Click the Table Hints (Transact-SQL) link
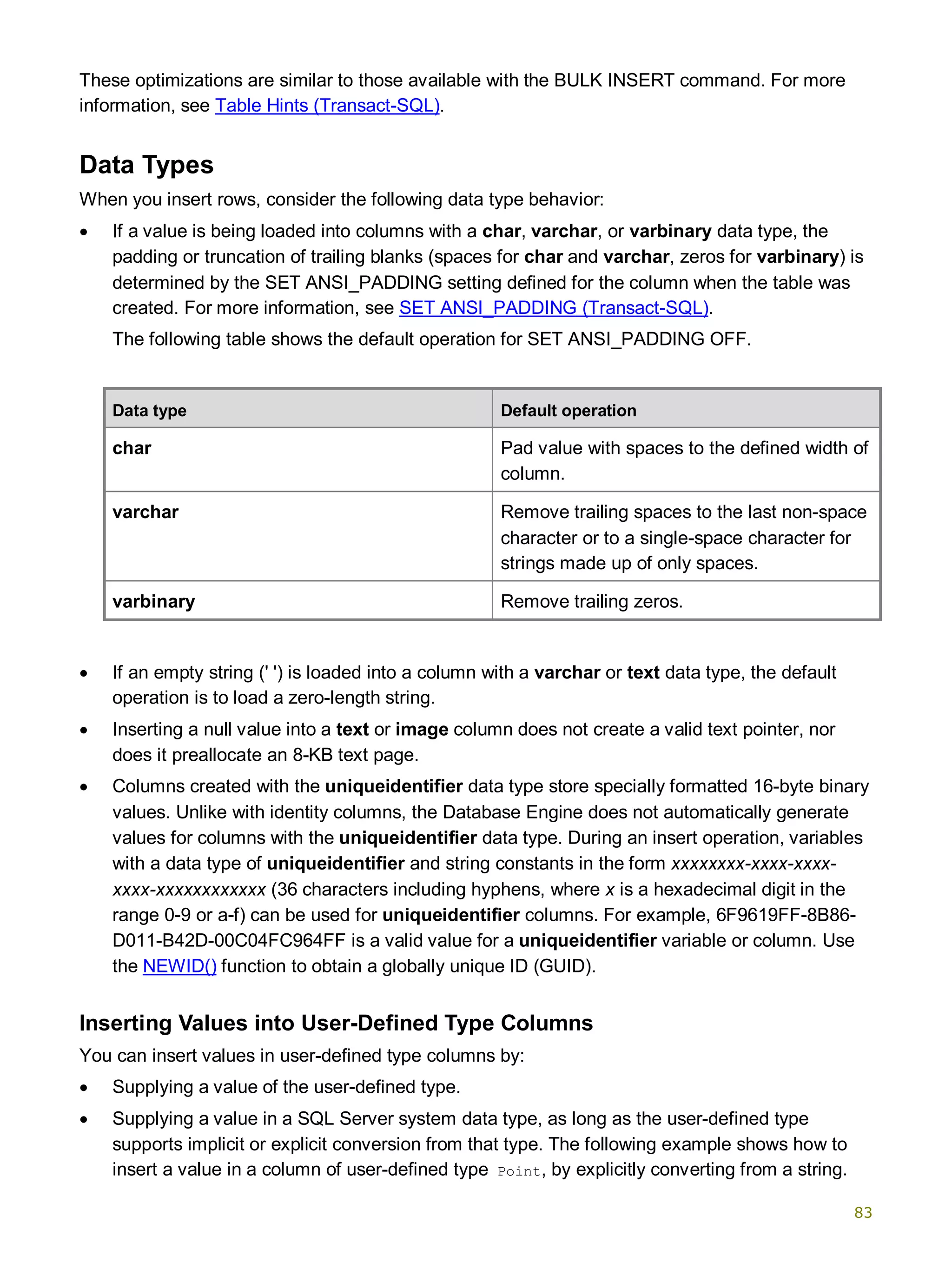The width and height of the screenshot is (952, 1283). [327, 106]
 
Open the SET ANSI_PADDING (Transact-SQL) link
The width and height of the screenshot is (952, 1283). [553, 308]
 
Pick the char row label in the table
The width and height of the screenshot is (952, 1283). [132, 448]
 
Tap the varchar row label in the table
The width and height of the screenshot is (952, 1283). [145, 512]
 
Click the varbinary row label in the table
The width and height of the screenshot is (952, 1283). [153, 601]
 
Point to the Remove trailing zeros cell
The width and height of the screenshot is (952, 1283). [591, 601]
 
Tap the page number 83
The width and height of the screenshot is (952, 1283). [863, 1213]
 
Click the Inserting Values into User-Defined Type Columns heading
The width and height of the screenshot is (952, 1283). [336, 1023]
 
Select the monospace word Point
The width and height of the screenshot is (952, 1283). [519, 1172]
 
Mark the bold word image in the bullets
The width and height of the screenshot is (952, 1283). [422, 729]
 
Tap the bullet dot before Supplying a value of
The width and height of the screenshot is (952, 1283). [84, 1088]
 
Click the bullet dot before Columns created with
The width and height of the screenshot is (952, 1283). [84, 787]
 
